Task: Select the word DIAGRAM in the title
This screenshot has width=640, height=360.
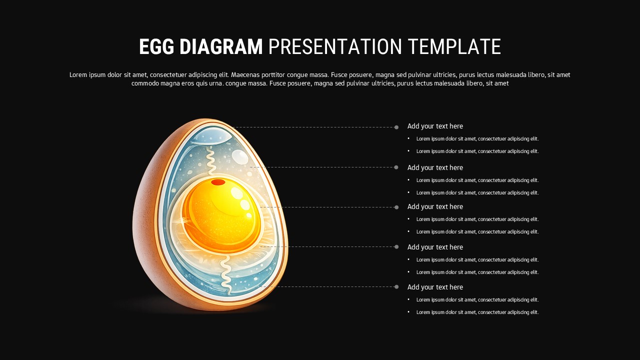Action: (221, 47)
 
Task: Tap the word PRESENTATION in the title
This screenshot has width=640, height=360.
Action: (335, 47)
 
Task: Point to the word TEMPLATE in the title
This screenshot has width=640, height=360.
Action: (454, 47)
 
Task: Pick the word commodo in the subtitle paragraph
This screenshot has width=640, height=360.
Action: (145, 83)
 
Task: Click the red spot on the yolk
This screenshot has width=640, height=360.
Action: (218, 182)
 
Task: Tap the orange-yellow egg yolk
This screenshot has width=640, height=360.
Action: (220, 215)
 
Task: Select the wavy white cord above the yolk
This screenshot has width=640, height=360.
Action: (210, 160)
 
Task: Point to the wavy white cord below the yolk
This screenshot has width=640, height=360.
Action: (226, 272)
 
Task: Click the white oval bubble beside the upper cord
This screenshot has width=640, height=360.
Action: (240, 157)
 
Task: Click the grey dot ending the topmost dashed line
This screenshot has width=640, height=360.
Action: (396, 127)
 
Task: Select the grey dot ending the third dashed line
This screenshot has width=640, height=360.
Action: (396, 207)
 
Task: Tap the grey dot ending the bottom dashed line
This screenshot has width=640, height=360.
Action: (396, 286)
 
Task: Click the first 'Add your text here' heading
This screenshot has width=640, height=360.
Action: (435, 126)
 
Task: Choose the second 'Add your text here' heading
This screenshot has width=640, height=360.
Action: (435, 167)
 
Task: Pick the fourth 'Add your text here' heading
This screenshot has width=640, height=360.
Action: (435, 247)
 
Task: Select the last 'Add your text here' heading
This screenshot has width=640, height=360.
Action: (435, 287)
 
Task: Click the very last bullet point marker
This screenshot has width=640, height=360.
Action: (408, 312)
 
